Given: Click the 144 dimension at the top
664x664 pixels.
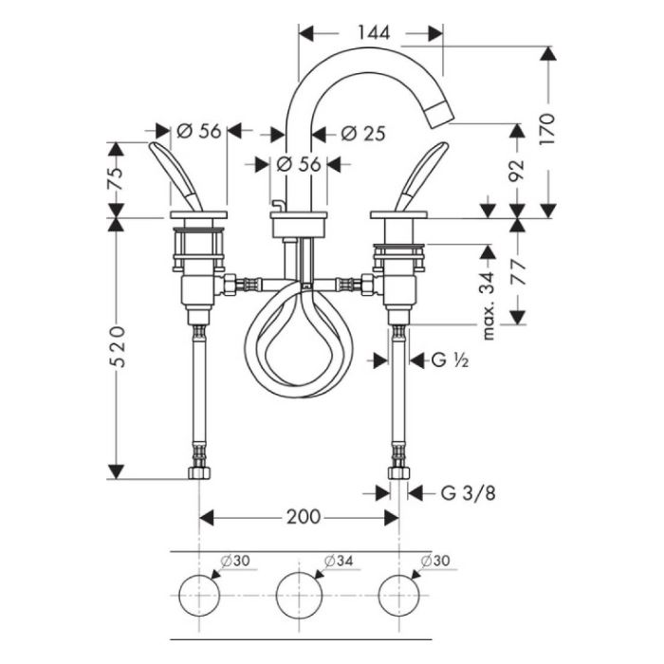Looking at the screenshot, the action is coord(374,32).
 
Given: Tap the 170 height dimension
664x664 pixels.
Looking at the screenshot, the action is coord(546,129).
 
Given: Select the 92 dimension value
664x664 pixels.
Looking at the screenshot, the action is coord(516,170).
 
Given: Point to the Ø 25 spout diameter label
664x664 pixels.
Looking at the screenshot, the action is coord(363,134).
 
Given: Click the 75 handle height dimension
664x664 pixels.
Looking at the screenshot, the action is coord(116,178).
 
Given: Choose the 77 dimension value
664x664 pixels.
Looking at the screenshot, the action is coord(517,273).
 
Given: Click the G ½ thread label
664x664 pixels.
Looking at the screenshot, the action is coord(450,360).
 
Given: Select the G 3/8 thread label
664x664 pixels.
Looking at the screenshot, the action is coord(468,493).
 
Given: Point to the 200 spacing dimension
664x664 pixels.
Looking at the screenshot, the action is coord(304,517).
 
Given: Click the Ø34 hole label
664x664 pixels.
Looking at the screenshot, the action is coord(339,562).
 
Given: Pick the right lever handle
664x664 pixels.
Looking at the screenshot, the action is coord(422,175).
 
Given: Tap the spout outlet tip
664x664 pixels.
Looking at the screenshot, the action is coord(440,116).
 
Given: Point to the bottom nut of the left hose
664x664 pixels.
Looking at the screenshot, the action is coord(199,473).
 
